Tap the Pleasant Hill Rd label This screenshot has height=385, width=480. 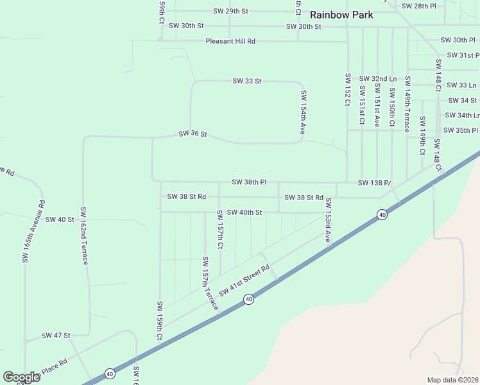(x=230, y=41)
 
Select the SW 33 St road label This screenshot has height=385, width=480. (x=247, y=81)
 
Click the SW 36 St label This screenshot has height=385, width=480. (x=193, y=134)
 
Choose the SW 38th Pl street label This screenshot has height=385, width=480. (x=249, y=182)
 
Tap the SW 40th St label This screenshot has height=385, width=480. (x=244, y=212)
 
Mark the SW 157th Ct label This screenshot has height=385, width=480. (x=220, y=229)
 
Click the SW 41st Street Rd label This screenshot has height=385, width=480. (x=244, y=280)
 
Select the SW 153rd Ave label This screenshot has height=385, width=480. (x=327, y=220)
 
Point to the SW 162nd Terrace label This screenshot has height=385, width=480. (x=83, y=235)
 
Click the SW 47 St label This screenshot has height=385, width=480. (x=56, y=336)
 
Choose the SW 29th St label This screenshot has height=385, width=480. (x=230, y=12)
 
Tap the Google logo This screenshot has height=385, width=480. (x=21, y=377)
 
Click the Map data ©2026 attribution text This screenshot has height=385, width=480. (x=452, y=379)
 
